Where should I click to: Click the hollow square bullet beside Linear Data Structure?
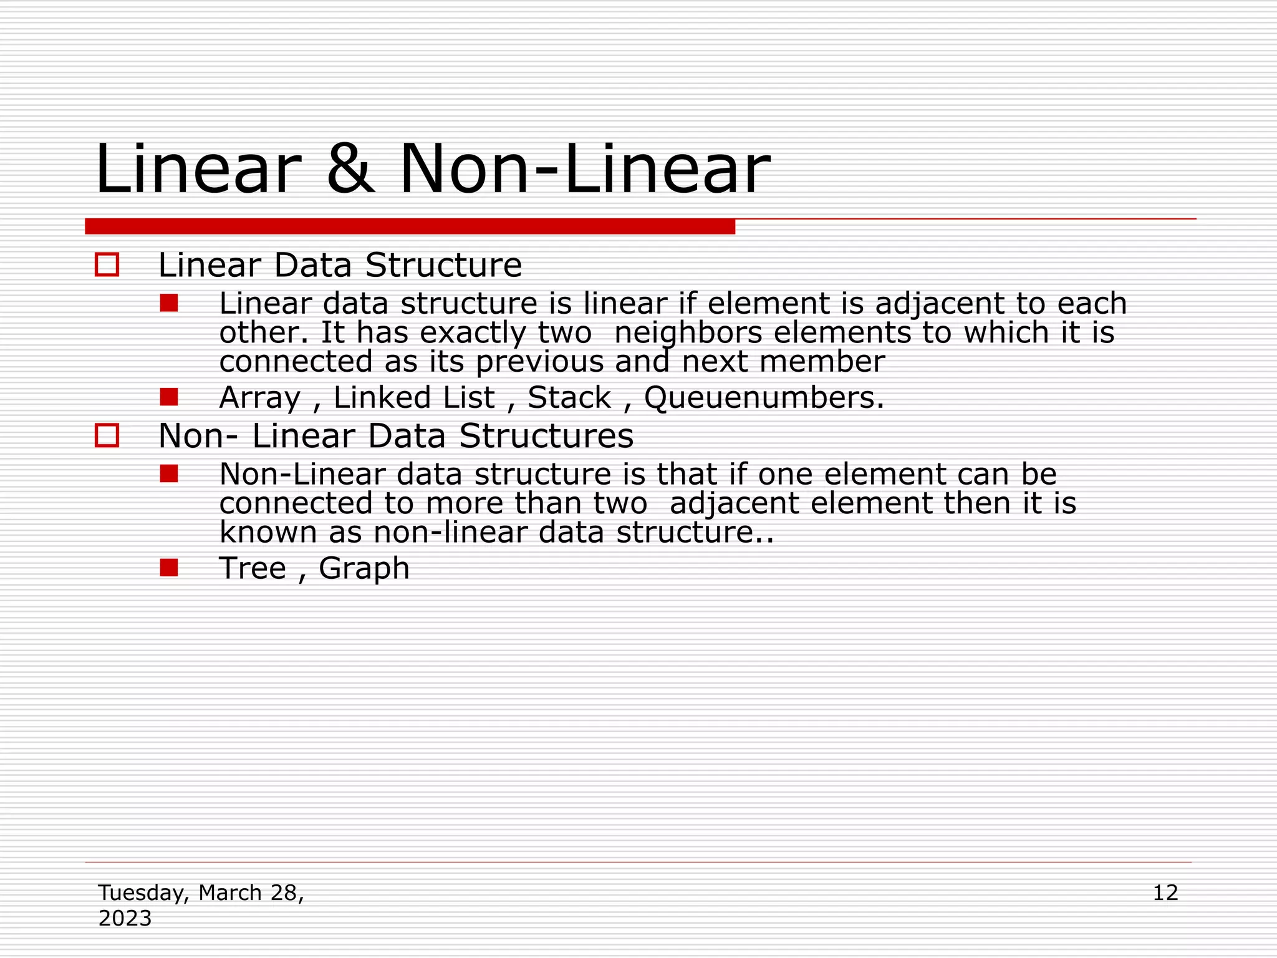tap(107, 264)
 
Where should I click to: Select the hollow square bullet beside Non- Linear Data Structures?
tap(107, 435)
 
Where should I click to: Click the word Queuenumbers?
tap(763, 398)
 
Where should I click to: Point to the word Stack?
tap(569, 398)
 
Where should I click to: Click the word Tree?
tap(252, 568)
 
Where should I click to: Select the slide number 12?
tap(1165, 893)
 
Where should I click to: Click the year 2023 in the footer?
tap(125, 918)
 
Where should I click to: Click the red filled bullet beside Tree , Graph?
tap(169, 568)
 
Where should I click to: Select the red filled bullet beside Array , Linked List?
tap(169, 397)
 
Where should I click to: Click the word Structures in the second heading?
tap(546, 435)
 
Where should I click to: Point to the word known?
tap(268, 533)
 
